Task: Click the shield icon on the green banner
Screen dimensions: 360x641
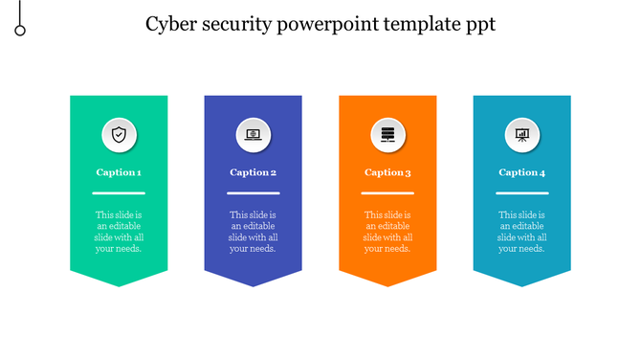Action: pyautogui.click(x=119, y=135)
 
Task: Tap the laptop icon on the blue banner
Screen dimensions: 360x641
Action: pyautogui.click(x=254, y=135)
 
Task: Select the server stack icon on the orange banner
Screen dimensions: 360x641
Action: pyautogui.click(x=387, y=135)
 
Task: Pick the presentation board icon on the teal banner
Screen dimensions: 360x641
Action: pyautogui.click(x=521, y=135)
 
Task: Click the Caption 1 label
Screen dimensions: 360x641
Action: pyautogui.click(x=119, y=172)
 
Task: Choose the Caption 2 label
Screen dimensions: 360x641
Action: pyautogui.click(x=254, y=172)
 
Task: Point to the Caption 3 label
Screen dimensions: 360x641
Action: pyautogui.click(x=387, y=172)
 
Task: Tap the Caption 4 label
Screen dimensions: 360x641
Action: pyautogui.click(x=521, y=172)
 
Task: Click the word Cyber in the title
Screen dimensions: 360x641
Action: pyautogui.click(x=168, y=25)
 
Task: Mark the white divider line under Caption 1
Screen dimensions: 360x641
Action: pyautogui.click(x=119, y=193)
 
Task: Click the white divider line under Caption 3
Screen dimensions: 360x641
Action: pyautogui.click(x=387, y=193)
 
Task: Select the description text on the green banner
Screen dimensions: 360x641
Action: pyautogui.click(x=119, y=232)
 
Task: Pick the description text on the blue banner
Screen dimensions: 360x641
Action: pyautogui.click(x=254, y=232)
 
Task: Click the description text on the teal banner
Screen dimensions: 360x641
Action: pyautogui.click(x=521, y=232)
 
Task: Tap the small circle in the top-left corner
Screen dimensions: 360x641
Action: pyautogui.click(x=20, y=31)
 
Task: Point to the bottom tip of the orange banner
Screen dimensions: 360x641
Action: pyautogui.click(x=387, y=284)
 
